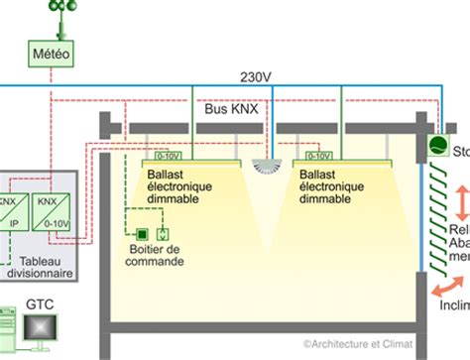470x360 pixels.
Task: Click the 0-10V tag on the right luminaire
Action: pos(319,156)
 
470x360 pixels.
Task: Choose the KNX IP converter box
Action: pos(9,210)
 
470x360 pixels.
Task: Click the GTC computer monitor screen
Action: pos(43,329)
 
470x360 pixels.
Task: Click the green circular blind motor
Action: pos(435,146)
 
